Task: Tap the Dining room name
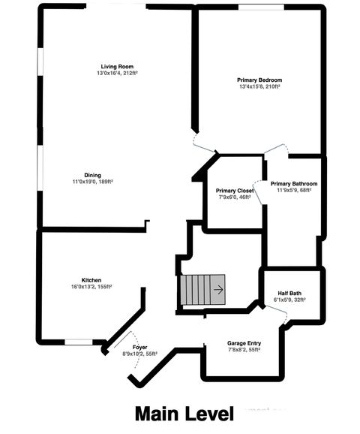click(92, 175)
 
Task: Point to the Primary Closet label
click(234, 191)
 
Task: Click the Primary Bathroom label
click(294, 184)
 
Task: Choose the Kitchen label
click(91, 279)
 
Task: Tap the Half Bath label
click(289, 294)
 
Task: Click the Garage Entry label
click(244, 343)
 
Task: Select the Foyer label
click(139, 347)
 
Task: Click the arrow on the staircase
click(217, 288)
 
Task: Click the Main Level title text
click(184, 414)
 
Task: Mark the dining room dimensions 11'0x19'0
click(92, 182)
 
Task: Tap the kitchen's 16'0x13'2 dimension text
click(91, 286)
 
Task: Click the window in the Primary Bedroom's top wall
click(261, 7)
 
